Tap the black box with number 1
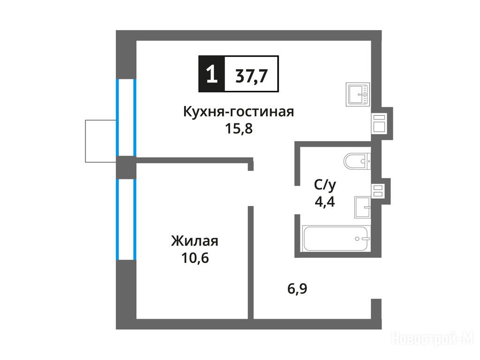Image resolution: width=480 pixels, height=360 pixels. coord(211,74)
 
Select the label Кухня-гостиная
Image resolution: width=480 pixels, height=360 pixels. coord(239,112)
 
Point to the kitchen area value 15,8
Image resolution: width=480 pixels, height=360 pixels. coord(239,128)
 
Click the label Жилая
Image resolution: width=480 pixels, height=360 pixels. coord(195,241)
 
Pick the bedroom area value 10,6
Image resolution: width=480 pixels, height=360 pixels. coord(195,258)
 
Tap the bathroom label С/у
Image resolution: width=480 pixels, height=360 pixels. coord(325,185)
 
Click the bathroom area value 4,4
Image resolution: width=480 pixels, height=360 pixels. coord(325,202)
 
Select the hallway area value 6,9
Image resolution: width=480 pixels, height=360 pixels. coord(297,289)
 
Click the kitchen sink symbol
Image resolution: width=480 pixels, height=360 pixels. coord(358,95)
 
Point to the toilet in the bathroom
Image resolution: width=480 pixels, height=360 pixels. coord(357,161)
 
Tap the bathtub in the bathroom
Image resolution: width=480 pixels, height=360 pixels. coord(337,239)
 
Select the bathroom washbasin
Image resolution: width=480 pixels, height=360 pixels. coord(363,207)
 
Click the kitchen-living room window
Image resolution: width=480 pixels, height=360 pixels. coord(126,118)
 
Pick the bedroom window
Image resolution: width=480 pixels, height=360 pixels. coord(126,219)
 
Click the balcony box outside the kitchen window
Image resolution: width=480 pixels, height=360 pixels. coord(101,141)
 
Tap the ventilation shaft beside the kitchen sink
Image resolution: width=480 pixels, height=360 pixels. coord(379,123)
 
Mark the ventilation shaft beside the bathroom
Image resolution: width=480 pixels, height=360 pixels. coord(378,191)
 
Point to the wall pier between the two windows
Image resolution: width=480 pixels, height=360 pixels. coord(126,167)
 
